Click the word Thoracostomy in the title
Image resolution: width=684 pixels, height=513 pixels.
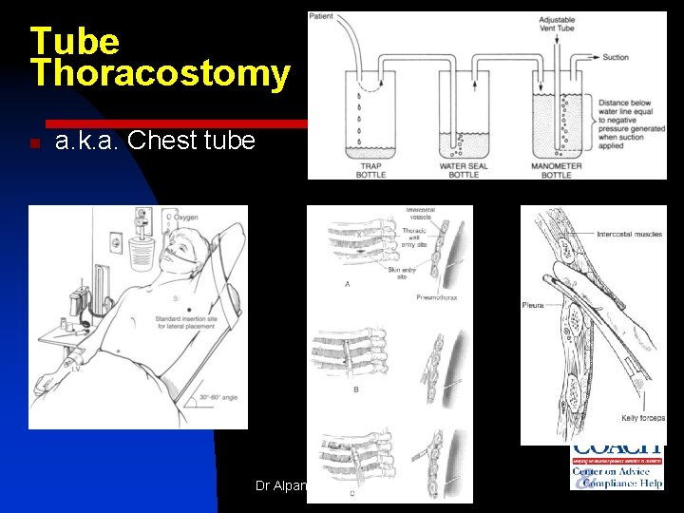[x=160, y=74]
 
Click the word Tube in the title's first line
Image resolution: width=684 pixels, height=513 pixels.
[x=74, y=40]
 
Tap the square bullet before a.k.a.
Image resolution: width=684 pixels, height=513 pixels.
[x=33, y=144]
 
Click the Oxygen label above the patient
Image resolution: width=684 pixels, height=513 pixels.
[x=186, y=217]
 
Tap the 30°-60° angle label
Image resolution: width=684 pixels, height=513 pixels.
[x=218, y=398]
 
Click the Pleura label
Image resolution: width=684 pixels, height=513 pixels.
[x=532, y=305]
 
